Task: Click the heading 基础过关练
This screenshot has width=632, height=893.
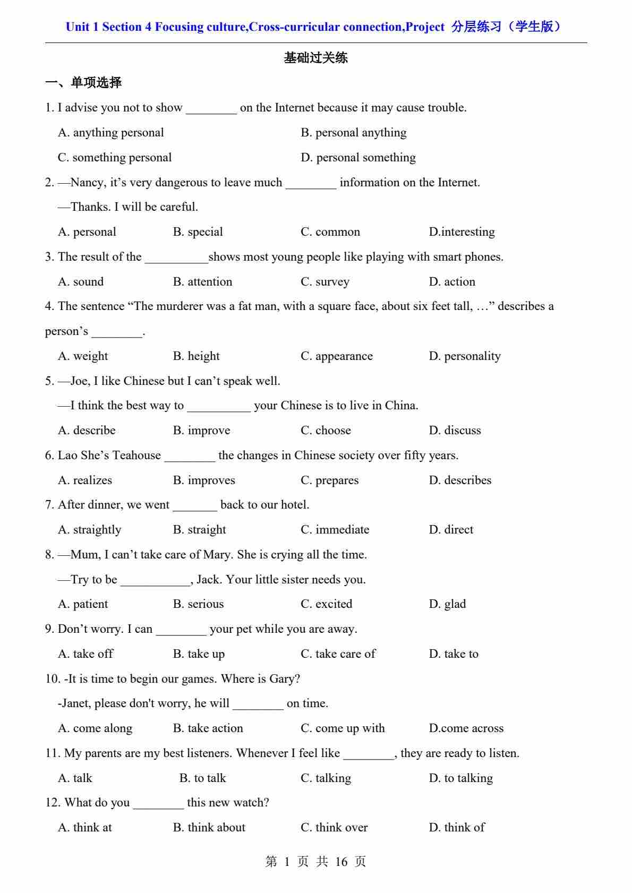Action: coord(315,58)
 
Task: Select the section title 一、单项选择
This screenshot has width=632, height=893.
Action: coord(83,83)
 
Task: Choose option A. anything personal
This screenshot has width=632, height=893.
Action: coord(110,133)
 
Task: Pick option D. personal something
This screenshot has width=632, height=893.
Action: coord(358,158)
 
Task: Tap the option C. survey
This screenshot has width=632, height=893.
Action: coord(325,282)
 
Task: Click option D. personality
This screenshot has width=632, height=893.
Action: coord(465,356)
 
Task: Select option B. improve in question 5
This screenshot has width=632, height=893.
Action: coord(202,431)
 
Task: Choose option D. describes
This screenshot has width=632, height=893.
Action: coord(460,480)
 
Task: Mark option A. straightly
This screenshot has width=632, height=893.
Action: coord(89,530)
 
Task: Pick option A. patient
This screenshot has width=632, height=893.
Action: coord(83,604)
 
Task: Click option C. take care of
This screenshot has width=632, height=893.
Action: coord(338,654)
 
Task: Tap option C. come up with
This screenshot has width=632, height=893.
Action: coord(343,728)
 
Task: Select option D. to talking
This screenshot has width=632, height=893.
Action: coord(461,778)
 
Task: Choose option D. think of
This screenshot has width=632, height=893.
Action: coord(457,828)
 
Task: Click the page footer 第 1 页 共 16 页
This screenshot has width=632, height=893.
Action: coord(315,862)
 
